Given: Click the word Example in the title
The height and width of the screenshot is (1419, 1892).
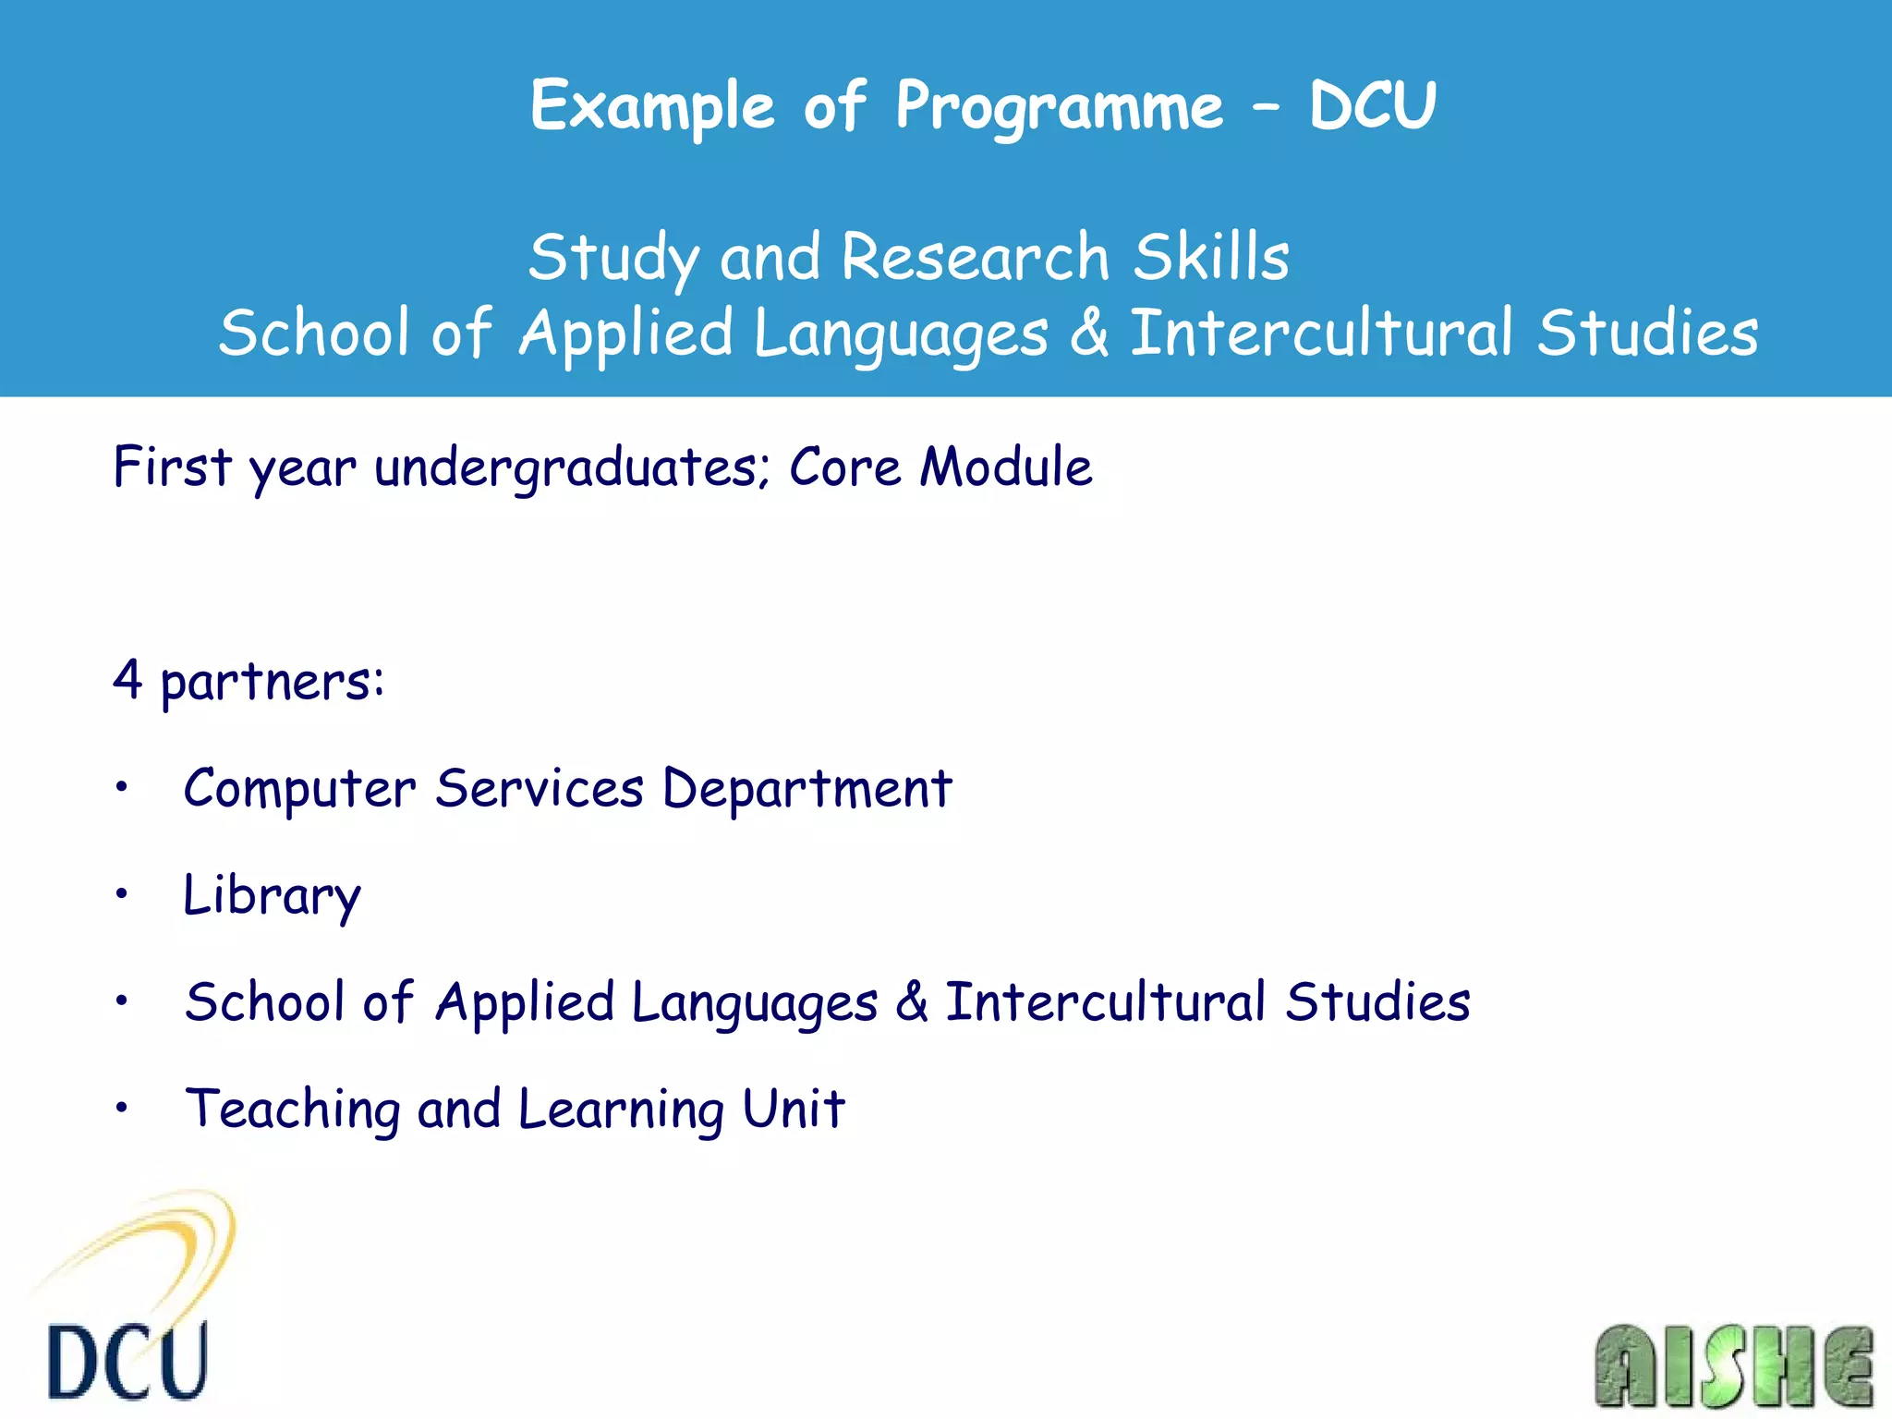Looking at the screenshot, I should tap(652, 106).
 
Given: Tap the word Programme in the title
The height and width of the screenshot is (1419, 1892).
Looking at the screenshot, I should tap(1060, 106).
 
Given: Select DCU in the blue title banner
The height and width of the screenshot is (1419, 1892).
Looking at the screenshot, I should tap(1373, 106).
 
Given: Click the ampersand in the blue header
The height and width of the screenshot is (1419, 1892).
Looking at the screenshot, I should tap(1090, 333).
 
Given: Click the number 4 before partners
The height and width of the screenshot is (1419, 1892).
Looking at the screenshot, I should tap(127, 681).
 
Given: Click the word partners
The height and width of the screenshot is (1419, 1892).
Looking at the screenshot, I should tap(272, 684).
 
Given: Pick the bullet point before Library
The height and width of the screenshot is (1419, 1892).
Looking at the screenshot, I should tap(121, 894).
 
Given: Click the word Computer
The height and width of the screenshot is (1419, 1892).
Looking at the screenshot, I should tap(299, 790).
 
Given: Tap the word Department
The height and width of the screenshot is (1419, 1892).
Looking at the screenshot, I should tap(807, 790).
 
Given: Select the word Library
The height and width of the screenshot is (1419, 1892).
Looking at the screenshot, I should tap(272, 896).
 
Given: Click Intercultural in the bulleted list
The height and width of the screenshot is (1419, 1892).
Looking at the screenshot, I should tap(1105, 1002).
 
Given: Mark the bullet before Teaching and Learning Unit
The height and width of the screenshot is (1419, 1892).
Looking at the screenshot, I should tap(121, 1108).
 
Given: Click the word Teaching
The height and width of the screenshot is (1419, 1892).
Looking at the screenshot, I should tap(292, 1110).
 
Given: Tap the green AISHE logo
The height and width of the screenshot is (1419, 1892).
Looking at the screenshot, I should tap(1733, 1366).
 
